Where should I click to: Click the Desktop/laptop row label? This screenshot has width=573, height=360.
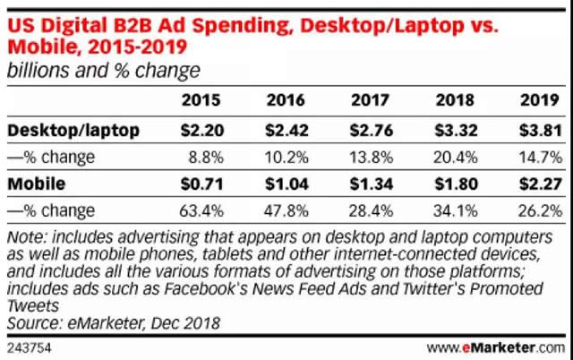(x=74, y=130)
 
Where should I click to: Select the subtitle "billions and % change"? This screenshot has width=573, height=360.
(x=104, y=69)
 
